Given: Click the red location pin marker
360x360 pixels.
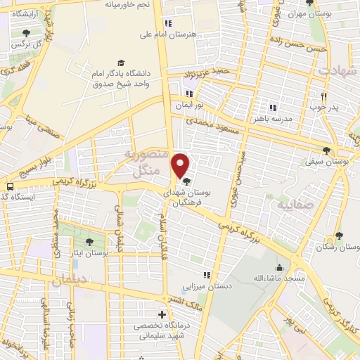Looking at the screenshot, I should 181,165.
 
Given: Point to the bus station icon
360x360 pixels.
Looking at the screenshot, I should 11,187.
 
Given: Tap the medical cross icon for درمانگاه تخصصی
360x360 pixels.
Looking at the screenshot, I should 162,314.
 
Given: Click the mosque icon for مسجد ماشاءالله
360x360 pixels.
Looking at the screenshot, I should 279,267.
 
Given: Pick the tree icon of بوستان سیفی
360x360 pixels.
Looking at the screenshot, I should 326,150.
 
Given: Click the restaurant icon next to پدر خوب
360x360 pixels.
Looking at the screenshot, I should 324,96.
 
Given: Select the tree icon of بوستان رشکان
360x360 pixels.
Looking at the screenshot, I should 339,236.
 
